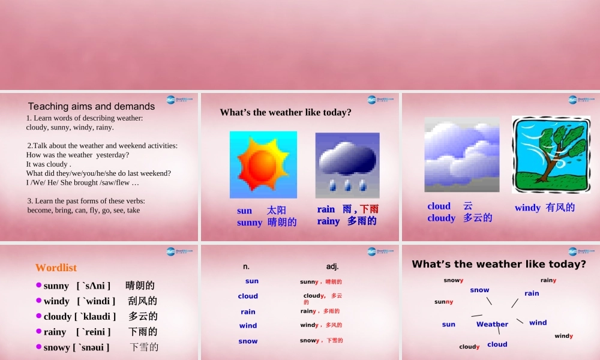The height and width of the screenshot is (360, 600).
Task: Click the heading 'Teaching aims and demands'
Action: pyautogui.click(x=91, y=106)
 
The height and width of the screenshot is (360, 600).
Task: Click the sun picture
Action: pyautogui.click(x=263, y=164)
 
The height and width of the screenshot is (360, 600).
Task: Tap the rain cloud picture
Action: pyautogui.click(x=347, y=165)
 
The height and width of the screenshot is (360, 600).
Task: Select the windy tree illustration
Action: pyautogui.click(x=551, y=154)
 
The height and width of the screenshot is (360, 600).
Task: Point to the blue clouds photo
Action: pyautogui.click(x=461, y=155)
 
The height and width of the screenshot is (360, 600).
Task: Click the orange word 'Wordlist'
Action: pyautogui.click(x=56, y=268)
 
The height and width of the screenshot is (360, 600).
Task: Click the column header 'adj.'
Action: pyautogui.click(x=332, y=266)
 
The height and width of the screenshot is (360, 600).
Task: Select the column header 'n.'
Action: pyautogui.click(x=247, y=266)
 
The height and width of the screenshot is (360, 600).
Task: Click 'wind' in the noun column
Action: pyautogui.click(x=248, y=326)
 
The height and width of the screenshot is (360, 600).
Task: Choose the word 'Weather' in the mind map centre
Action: pyautogui.click(x=492, y=324)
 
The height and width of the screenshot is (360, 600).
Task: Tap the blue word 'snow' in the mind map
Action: pyautogui.click(x=479, y=290)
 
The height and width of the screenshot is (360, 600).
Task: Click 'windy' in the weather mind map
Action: pyautogui.click(x=563, y=336)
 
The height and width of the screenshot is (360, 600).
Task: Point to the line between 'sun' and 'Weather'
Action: pyautogui.click(x=476, y=315)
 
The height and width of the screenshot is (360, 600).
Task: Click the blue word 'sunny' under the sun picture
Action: pyautogui.click(x=250, y=223)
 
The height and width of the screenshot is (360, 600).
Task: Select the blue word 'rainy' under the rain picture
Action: pyautogui.click(x=328, y=221)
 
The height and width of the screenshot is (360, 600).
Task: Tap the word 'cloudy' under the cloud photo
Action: pyautogui.click(x=441, y=218)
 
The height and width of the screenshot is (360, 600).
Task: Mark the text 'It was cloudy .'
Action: pyautogui.click(x=49, y=164)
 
